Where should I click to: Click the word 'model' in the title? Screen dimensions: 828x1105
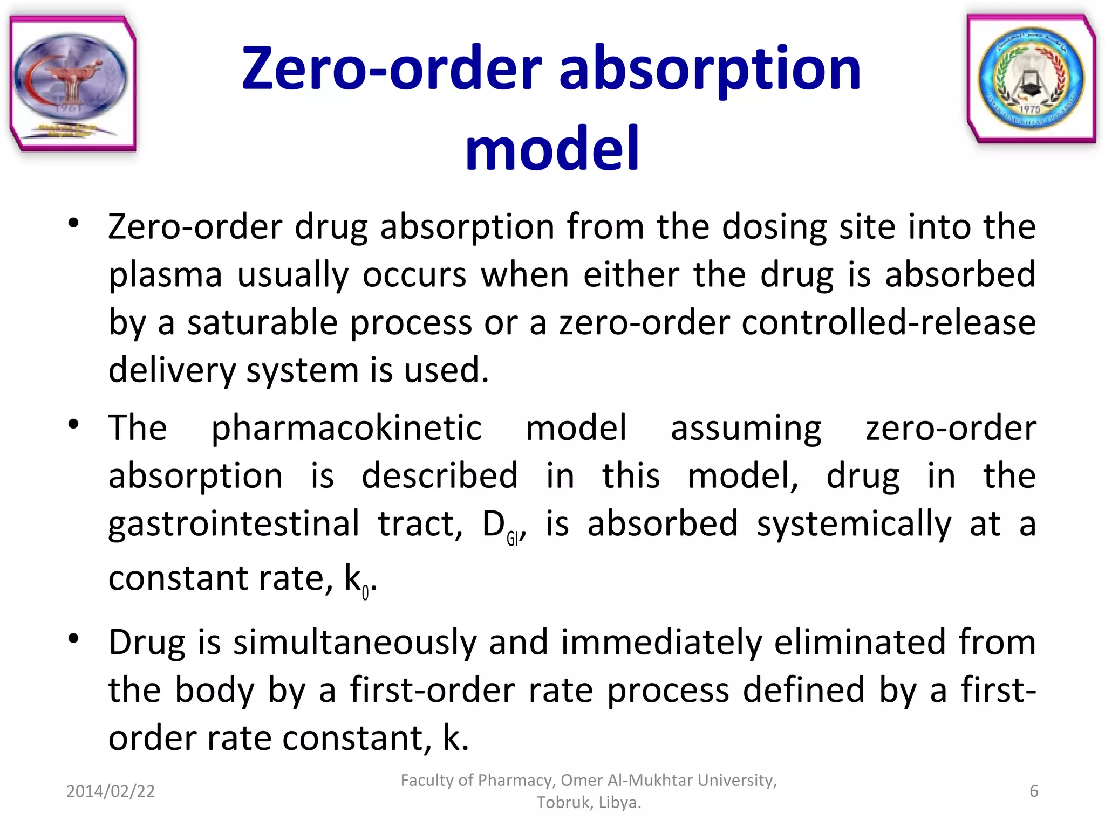pos(552,148)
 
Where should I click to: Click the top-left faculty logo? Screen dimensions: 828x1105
pos(73,84)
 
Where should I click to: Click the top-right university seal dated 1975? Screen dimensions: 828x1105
pos(1031,79)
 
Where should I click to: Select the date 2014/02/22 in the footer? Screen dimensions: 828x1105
pos(111,791)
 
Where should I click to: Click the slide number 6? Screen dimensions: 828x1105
pos(1033,791)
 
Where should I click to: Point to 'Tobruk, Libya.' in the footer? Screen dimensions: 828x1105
pos(589,803)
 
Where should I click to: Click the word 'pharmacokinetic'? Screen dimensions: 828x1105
pos(346,428)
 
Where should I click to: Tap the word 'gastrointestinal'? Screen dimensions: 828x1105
pos(234,524)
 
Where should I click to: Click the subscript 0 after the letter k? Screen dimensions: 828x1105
pos(365,593)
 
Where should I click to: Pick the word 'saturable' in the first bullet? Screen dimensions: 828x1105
pos(263,323)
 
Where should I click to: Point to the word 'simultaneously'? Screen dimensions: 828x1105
pos(354,643)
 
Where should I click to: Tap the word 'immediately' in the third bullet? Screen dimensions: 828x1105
pos(661,643)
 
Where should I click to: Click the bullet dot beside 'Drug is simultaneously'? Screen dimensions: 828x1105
pos(74,639)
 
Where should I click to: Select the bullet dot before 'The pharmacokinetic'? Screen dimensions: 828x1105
pos(74,425)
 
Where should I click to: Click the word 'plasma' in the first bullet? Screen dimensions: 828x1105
pos(165,275)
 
